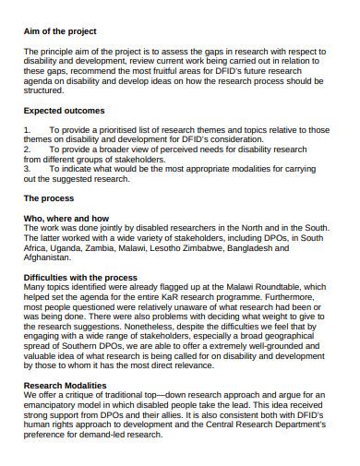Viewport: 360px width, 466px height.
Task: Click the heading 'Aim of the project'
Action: [x=59, y=31]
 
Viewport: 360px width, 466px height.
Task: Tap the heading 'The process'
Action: [x=50, y=198]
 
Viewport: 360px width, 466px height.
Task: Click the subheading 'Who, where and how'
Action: [x=69, y=217]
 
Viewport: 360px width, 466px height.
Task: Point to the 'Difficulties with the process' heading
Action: [x=80, y=277]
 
